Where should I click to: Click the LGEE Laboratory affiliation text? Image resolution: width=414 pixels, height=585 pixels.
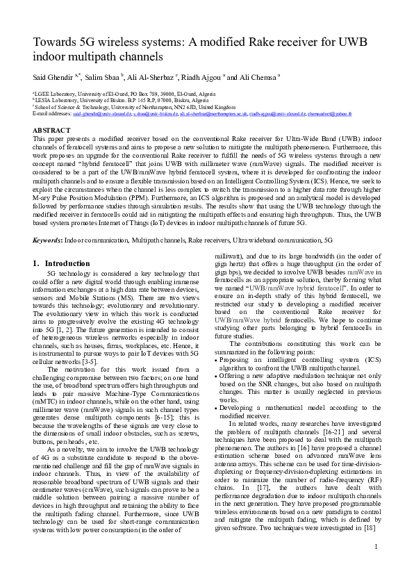coord(56,92)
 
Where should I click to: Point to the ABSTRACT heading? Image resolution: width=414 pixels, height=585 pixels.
coord(51,130)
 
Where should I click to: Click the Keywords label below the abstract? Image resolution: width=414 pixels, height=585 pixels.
coord(47,239)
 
